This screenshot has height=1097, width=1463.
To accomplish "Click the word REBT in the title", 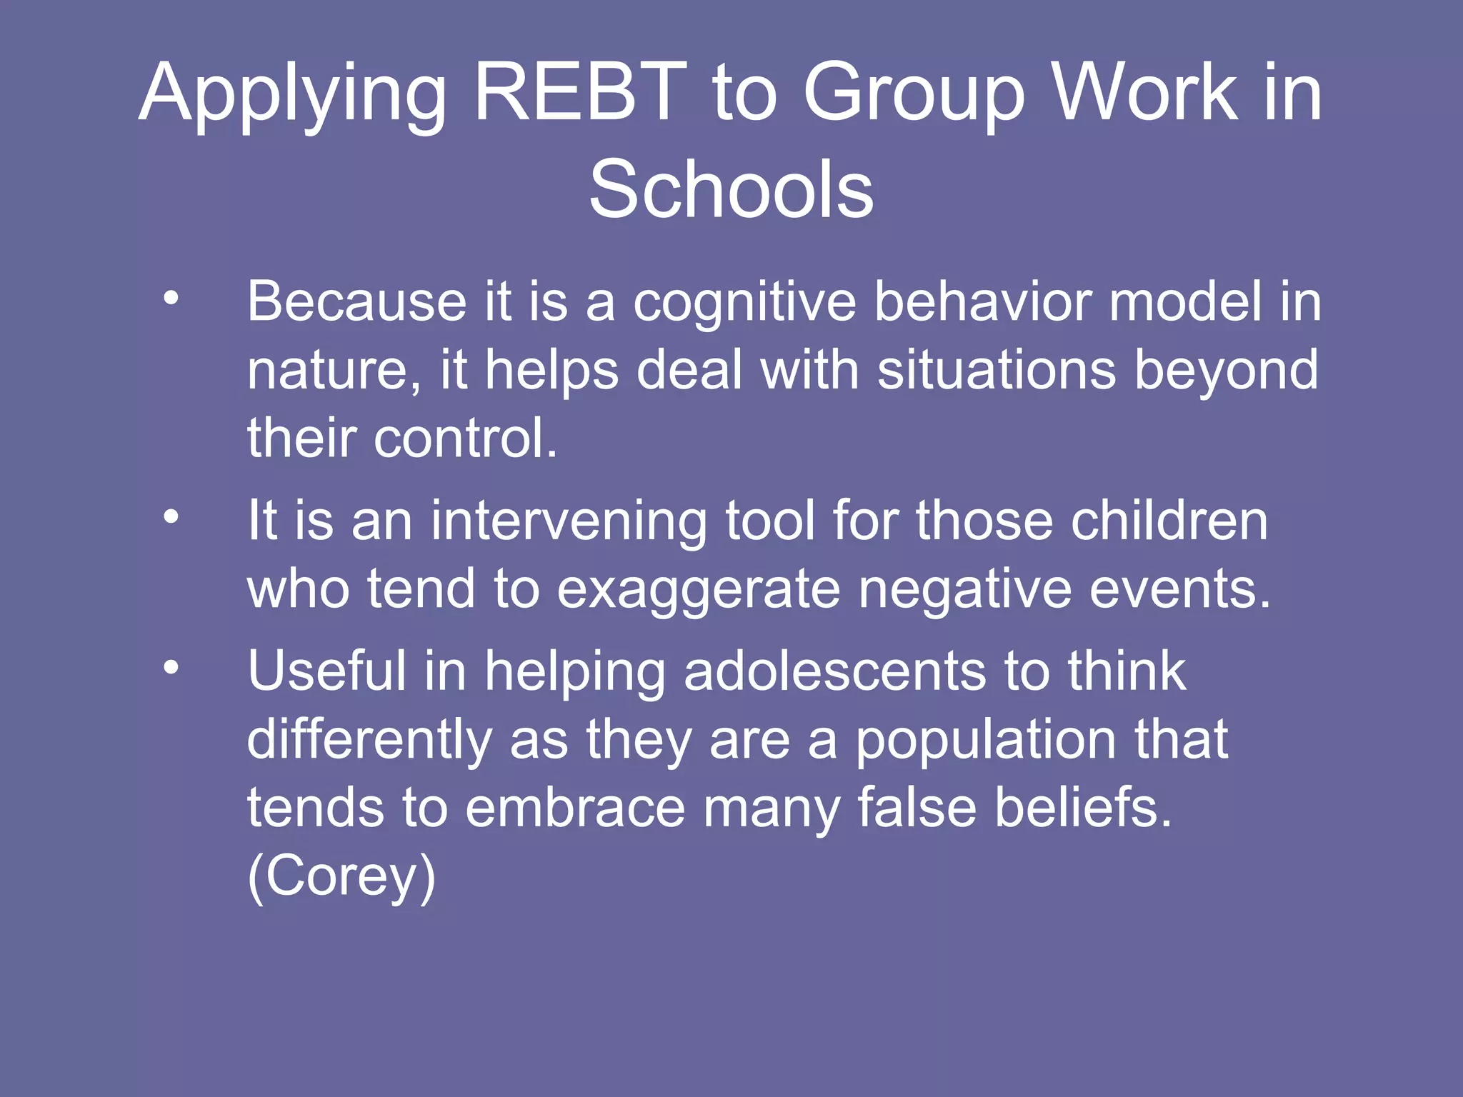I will click(580, 93).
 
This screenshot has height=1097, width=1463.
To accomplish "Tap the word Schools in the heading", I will click(731, 190).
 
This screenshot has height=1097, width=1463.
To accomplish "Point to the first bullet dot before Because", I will click(171, 299).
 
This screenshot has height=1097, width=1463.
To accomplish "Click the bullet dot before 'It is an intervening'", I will click(171, 516).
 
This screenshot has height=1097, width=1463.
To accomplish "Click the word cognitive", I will click(744, 303).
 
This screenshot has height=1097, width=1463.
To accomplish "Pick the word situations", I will click(997, 370).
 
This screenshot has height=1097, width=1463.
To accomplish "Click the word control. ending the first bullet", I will click(465, 438).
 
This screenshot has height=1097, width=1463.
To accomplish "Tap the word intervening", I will click(569, 522).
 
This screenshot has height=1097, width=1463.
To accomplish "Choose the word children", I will click(1169, 521).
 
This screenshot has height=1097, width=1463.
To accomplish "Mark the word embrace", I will click(576, 808).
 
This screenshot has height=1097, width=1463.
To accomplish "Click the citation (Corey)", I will click(341, 877).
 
